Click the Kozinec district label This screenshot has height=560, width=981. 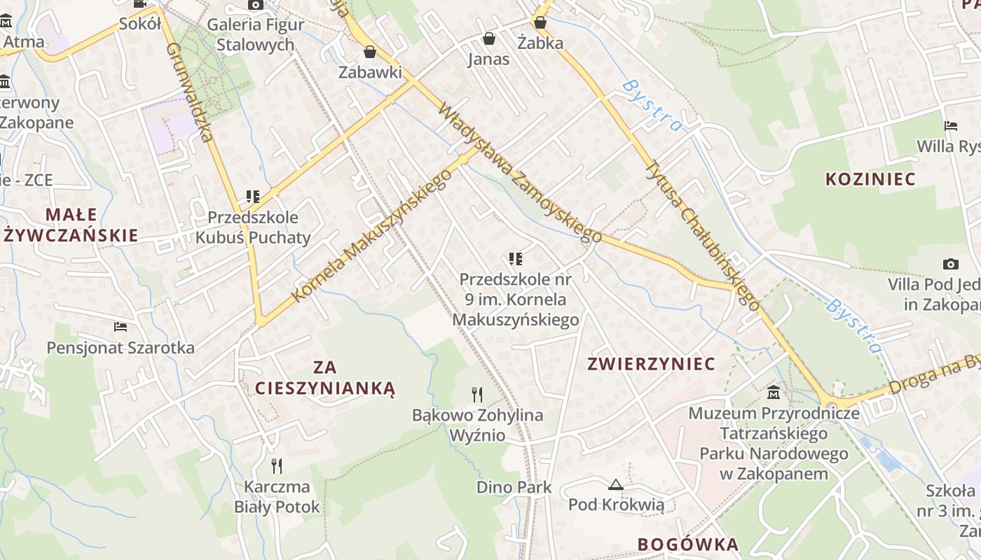pyautogui.click(x=870, y=179)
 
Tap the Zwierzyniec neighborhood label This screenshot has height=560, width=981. pyautogui.click(x=651, y=364)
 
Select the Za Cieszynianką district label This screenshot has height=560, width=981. pyautogui.click(x=325, y=378)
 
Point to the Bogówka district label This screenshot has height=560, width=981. pyautogui.click(x=688, y=545)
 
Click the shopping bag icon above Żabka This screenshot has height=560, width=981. pyautogui.click(x=540, y=22)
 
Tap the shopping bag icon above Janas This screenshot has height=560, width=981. pyautogui.click(x=488, y=38)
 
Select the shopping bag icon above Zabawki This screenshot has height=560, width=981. pyautogui.click(x=370, y=52)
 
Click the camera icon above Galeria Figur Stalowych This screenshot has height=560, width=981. pyautogui.click(x=255, y=5)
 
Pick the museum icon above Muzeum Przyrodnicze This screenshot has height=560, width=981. pyautogui.click(x=774, y=392)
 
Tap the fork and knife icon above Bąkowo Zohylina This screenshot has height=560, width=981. pyautogui.click(x=477, y=395)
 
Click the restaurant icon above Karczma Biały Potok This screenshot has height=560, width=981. pyautogui.click(x=277, y=465)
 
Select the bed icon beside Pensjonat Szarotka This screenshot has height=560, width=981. pyautogui.click(x=121, y=327)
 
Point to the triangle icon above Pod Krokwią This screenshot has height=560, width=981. pyautogui.click(x=615, y=484)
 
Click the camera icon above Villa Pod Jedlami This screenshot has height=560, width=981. pyautogui.click(x=950, y=264)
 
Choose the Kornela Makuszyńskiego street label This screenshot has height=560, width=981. pyautogui.click(x=371, y=236)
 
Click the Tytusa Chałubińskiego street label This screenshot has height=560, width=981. pyautogui.click(x=702, y=235)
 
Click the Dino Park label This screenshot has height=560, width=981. pyautogui.click(x=514, y=487)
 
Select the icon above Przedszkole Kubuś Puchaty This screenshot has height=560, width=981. pyautogui.click(x=252, y=197)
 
